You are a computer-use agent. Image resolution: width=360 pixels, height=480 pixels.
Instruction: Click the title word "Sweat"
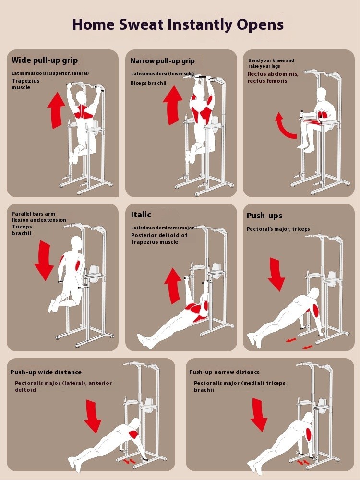click(x=141, y=24)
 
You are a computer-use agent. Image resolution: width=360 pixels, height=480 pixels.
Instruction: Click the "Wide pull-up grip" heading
click(x=45, y=60)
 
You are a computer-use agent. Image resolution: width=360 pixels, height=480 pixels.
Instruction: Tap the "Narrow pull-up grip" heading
click(x=163, y=61)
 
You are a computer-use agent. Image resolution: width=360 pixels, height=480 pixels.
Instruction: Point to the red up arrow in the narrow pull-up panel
click(x=173, y=105)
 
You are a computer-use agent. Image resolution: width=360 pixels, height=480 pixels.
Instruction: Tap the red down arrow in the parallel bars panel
click(x=44, y=260)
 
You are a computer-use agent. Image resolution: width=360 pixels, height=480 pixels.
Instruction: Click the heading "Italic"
click(x=141, y=215)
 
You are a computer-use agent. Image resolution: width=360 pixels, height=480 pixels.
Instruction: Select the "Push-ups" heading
click(x=264, y=216)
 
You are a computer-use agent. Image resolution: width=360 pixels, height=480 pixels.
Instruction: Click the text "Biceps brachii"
click(x=148, y=83)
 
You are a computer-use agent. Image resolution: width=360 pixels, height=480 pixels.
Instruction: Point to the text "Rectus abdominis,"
click(x=273, y=74)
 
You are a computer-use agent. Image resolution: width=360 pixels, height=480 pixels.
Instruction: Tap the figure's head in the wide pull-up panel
click(x=82, y=97)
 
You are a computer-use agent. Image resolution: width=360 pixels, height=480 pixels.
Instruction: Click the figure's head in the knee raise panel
click(x=322, y=94)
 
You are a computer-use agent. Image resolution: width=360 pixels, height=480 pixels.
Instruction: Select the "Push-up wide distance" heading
click(x=46, y=372)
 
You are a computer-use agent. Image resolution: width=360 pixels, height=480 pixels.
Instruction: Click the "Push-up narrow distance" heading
click(x=224, y=372)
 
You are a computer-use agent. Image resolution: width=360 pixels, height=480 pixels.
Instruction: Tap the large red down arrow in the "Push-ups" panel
click(x=276, y=274)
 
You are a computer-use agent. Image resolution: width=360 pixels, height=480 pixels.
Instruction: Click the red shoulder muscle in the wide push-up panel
click(x=133, y=434)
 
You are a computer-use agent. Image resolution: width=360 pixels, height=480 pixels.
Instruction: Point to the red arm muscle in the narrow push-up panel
click(x=309, y=434)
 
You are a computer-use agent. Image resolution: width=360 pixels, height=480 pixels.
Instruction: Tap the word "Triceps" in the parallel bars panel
click(x=22, y=227)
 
